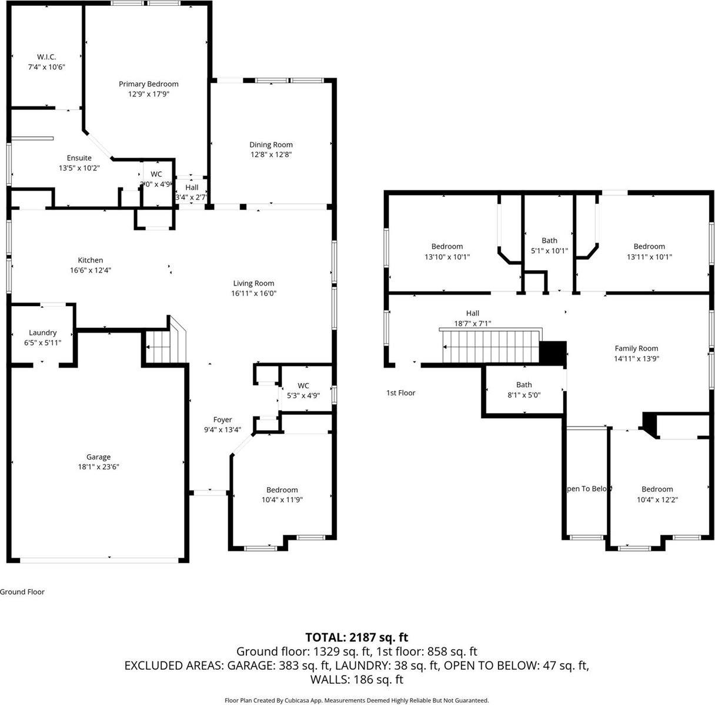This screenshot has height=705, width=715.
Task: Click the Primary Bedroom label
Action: (148, 84)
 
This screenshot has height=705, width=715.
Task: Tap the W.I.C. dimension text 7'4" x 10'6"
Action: (46, 67)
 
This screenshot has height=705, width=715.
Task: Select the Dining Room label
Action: (270, 145)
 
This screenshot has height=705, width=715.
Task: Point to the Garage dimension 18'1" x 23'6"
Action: (98, 466)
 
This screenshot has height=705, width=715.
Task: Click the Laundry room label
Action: (42, 333)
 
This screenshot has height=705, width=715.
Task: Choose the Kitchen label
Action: (91, 260)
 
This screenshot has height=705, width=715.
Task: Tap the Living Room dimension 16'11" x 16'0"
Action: (254, 293)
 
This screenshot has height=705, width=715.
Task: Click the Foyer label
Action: (222, 419)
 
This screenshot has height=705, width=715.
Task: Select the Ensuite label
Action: (79, 158)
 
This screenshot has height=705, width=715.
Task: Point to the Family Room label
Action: (636, 348)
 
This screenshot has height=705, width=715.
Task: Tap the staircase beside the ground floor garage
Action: (159, 347)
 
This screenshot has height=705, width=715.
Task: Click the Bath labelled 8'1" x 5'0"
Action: (524, 385)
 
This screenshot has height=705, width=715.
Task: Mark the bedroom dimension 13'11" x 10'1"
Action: (649, 256)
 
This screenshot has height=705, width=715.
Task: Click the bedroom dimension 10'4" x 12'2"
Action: (657, 499)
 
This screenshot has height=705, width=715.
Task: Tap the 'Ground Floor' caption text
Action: (22, 592)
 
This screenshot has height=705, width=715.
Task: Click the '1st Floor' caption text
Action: (400, 392)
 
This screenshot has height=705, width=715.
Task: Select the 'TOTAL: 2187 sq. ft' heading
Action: (356, 637)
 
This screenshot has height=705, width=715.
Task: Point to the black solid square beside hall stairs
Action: (553, 353)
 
